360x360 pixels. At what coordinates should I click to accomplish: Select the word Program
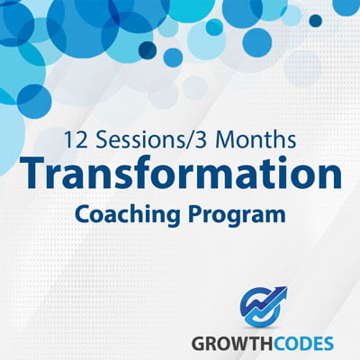(x=237, y=215)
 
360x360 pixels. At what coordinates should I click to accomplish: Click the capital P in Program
(x=195, y=213)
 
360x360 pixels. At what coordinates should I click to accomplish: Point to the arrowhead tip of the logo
(x=286, y=288)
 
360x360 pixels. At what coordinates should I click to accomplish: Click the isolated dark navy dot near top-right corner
(x=316, y=21)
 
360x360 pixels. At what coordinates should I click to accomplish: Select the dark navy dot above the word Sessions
(x=148, y=49)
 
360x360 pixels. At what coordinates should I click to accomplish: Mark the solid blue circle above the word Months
(x=257, y=42)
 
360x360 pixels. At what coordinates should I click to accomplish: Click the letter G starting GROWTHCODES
(x=198, y=343)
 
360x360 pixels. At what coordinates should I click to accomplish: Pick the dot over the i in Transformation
(x=256, y=162)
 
